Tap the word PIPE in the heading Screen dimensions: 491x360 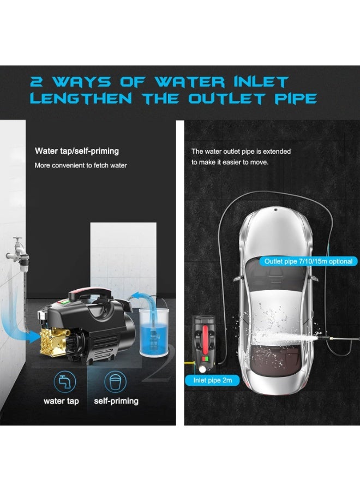293,99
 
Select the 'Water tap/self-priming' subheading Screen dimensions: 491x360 76,151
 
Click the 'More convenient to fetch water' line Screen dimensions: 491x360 81,165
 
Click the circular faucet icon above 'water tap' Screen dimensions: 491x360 61,381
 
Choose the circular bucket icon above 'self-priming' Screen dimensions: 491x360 115,381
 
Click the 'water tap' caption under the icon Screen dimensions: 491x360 61,401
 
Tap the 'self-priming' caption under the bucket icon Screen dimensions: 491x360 116,401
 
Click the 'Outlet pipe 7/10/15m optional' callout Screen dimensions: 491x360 308,261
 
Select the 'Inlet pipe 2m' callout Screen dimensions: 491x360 213,380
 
